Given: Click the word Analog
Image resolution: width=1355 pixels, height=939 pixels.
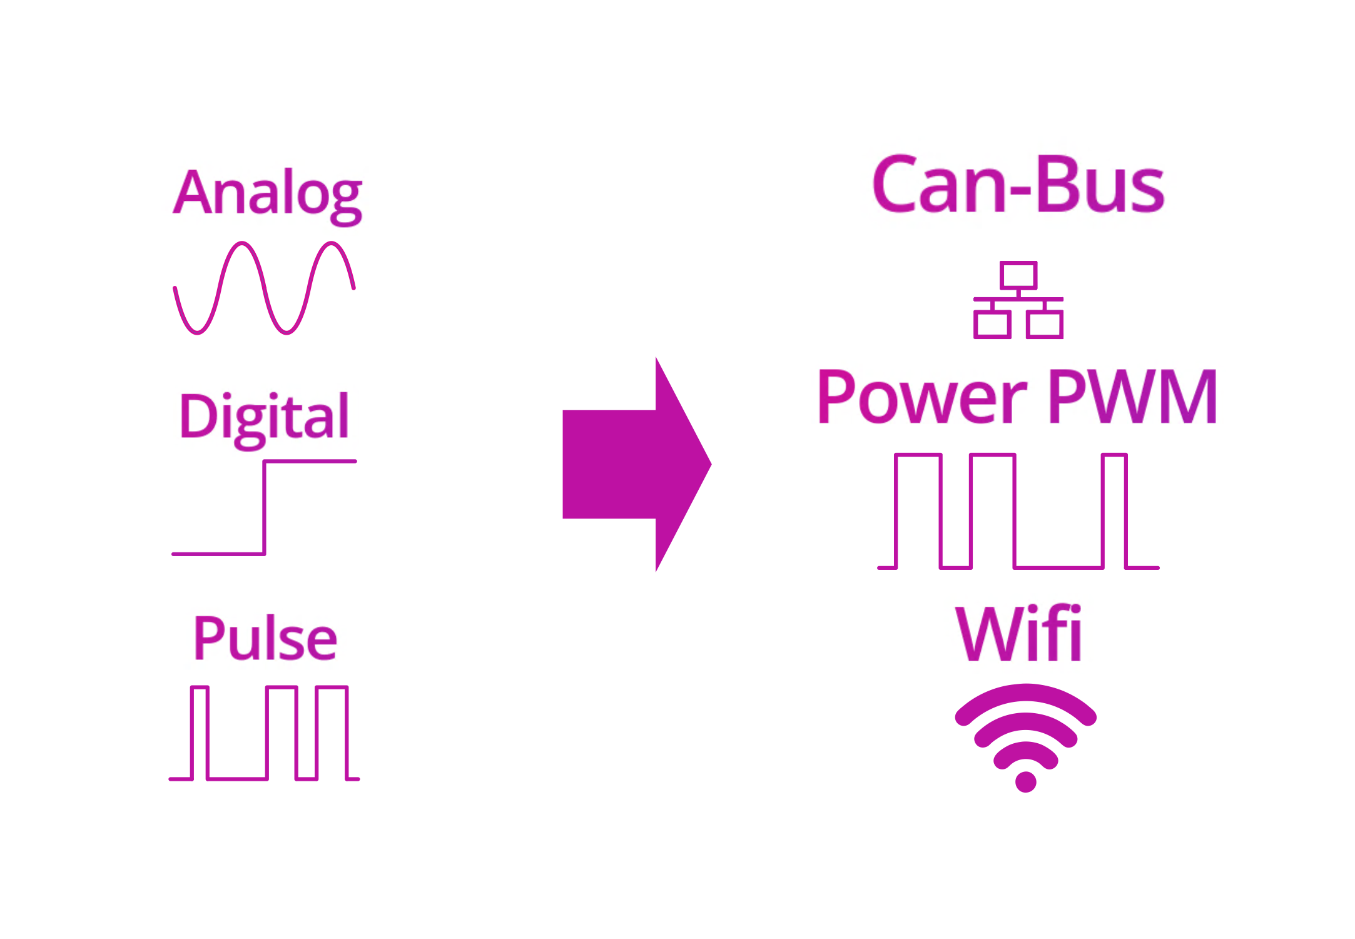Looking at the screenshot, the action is [x=267, y=195].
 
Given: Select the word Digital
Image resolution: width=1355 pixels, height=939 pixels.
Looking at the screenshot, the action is [x=264, y=418].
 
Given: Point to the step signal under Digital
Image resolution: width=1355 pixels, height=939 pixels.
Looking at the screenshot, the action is [x=265, y=507].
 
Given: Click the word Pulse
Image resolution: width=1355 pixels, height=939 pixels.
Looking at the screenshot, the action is [x=265, y=639].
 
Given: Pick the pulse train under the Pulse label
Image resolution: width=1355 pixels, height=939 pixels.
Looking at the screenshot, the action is [x=267, y=733].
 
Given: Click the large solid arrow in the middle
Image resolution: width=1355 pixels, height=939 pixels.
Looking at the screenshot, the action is [x=636, y=464].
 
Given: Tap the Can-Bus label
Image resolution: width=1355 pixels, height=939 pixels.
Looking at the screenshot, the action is [x=1018, y=185].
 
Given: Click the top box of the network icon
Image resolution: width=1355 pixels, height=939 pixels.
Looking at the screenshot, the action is [x=1018, y=275].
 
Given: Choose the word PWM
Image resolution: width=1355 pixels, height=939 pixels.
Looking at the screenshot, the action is [x=1133, y=397].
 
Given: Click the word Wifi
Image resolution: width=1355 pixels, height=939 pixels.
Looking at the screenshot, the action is [x=1018, y=634].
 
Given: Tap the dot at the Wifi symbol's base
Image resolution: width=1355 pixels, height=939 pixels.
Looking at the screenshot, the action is [x=1026, y=782].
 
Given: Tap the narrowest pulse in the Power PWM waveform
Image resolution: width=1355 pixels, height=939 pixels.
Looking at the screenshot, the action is [x=1115, y=455].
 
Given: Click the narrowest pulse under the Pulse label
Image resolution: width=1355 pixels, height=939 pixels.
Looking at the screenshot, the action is [x=200, y=688].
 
